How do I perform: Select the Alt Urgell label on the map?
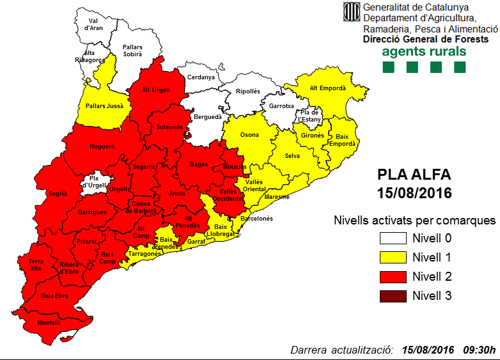(x=156, y=90)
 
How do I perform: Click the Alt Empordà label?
(x=327, y=88)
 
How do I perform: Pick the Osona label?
(x=249, y=136)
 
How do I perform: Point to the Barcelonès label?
(x=257, y=218)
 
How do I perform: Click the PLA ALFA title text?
(x=414, y=175)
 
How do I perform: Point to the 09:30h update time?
(x=479, y=350)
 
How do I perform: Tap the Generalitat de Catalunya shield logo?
(x=351, y=12)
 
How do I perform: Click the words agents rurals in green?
(x=424, y=51)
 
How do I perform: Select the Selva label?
(x=293, y=157)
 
